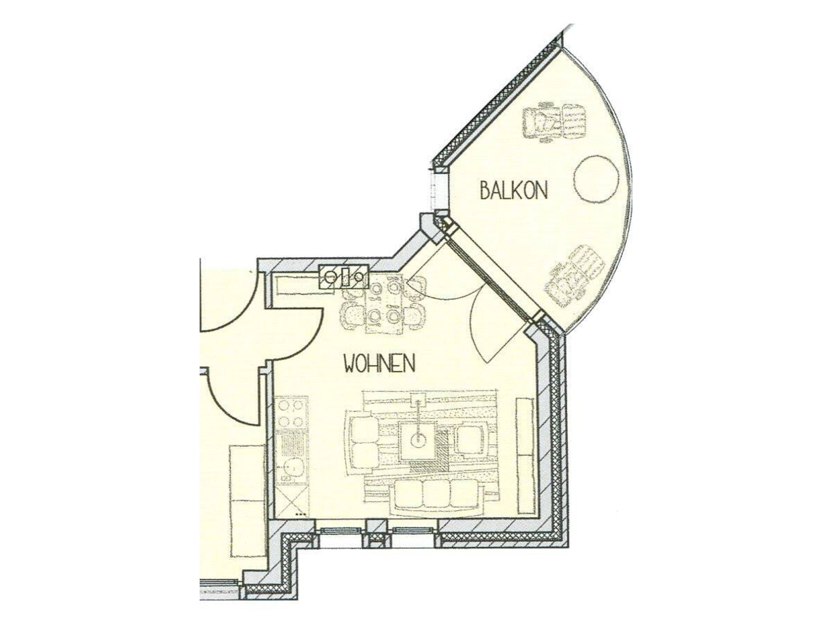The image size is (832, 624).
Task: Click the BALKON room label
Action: click(514, 190)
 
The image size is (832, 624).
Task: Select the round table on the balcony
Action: click(596, 178)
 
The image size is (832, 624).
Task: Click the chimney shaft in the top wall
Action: click(344, 277)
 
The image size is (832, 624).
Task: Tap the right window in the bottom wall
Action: click(412, 531)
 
